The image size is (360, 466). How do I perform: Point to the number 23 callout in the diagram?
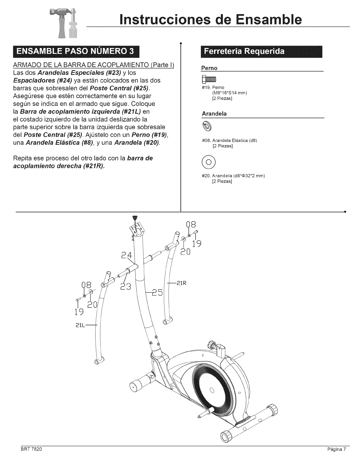[x=127, y=287]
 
